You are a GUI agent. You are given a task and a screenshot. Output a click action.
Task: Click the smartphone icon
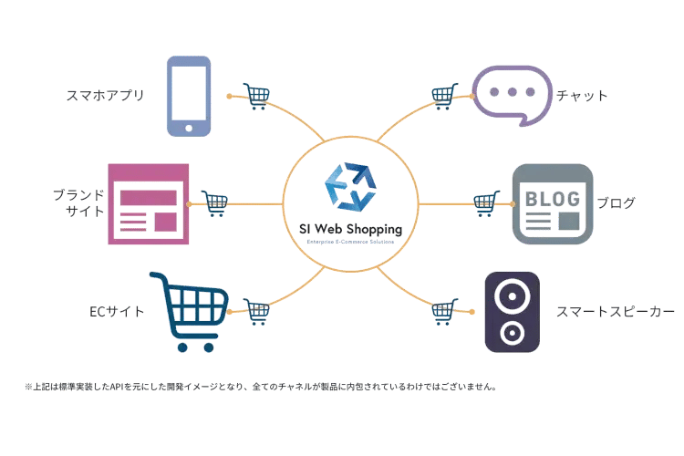190,95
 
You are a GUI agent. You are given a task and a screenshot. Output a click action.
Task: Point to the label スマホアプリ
105,95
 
